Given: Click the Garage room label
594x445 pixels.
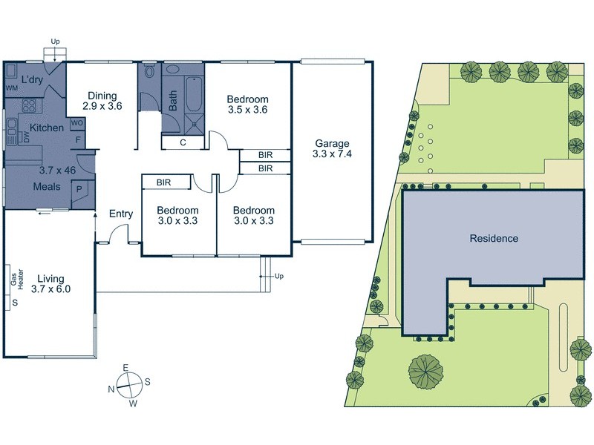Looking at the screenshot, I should pos(332,144).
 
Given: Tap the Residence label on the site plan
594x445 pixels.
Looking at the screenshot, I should pos(494,239).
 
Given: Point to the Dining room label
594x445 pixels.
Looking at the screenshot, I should pos(102,95).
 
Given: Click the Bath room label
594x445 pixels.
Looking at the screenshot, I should pos(173,101).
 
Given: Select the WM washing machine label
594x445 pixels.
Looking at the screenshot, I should pos(11,89).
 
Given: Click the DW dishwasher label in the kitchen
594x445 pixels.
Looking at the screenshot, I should pos(26,136).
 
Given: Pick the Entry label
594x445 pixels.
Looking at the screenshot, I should pos(121,214).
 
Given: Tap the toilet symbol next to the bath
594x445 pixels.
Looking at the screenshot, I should pos(149,73).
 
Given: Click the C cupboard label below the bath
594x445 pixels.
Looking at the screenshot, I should pos(183,142).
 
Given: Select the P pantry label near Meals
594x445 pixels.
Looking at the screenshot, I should pos(79,191).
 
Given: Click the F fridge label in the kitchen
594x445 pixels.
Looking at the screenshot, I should pos(77,139).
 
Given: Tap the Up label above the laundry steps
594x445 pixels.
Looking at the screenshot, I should pos(55,41).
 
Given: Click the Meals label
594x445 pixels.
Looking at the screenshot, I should pos(46,186).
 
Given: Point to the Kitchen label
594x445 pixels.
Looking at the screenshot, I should pos(46,128).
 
